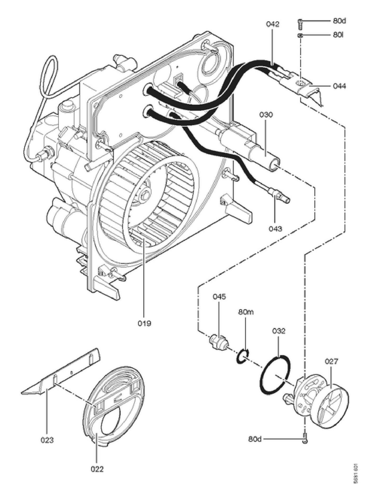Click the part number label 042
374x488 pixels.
(273, 24)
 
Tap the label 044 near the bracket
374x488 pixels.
(339, 86)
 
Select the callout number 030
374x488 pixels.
(266, 115)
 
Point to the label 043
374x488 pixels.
(275, 228)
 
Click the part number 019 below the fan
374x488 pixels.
(144, 323)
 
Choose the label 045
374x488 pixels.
(219, 296)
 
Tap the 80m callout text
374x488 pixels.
(246, 312)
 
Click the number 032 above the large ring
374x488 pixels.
(279, 331)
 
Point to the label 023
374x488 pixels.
(47, 440)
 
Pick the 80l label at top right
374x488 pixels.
(338, 35)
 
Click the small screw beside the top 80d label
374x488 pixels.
(300, 24)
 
